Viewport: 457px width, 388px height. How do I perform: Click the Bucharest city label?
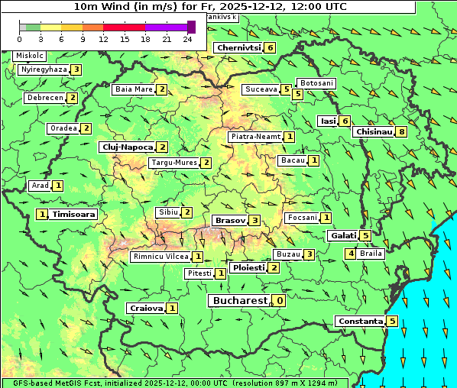pos(239,301)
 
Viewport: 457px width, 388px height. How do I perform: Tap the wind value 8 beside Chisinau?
pos(402,131)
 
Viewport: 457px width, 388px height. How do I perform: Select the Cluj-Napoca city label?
pos(127,147)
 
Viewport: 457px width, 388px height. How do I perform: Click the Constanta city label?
pos(359,321)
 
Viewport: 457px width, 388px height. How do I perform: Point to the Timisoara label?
pos(74,215)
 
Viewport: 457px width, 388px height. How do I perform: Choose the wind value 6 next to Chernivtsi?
pos(271,47)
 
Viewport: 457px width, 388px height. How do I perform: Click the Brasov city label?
pos(229,220)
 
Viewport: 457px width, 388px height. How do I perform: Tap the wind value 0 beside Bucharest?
pos(280,301)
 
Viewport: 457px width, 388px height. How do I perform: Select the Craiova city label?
pos(146,308)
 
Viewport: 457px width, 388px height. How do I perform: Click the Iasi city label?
pos(328,121)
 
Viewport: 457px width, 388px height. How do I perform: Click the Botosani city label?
pos(316,82)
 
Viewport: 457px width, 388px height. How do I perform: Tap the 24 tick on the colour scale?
pos(187,38)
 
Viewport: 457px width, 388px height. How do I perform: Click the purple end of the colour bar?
pos(191,27)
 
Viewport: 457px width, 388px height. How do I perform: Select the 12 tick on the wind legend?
pos(103,38)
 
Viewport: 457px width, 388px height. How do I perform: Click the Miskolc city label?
pos(29,56)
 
